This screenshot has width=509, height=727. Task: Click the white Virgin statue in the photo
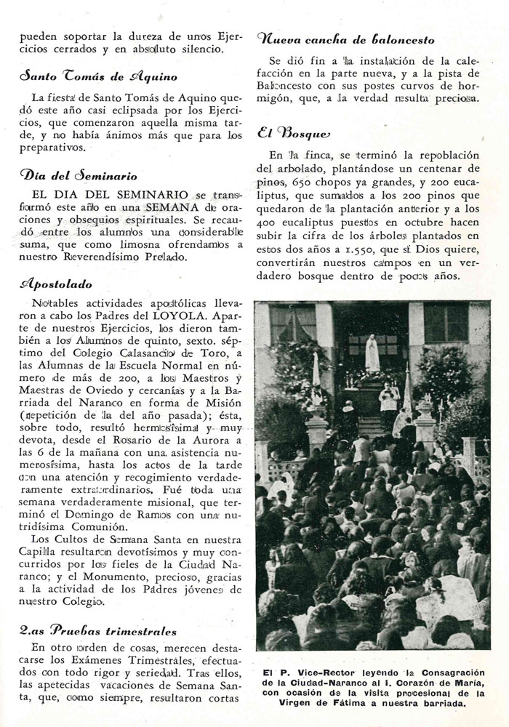(372, 353)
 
